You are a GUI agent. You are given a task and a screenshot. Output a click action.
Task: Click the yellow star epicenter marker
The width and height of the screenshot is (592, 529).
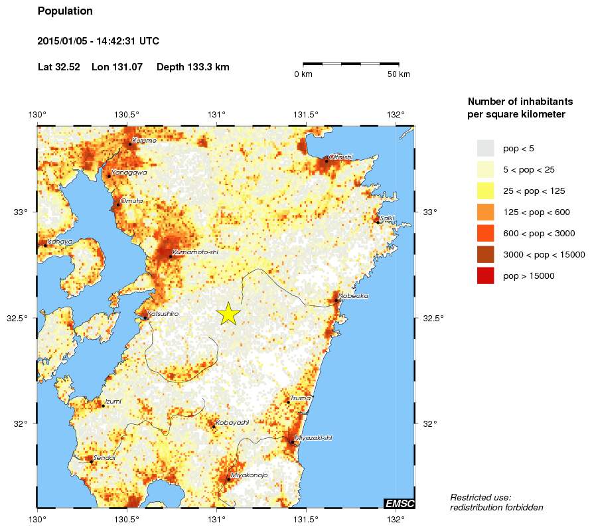tap(228, 313)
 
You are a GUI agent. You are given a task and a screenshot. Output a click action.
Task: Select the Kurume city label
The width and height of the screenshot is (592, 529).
tap(144, 141)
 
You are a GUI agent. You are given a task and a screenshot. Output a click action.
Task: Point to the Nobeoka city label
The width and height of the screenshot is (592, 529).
tap(353, 296)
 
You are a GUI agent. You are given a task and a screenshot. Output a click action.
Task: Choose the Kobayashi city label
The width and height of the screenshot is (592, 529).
tap(232, 422)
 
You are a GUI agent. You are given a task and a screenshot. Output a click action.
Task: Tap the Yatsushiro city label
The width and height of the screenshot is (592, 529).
tap(163, 313)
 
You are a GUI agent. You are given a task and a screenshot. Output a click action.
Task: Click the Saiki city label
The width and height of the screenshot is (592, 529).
tap(387, 218)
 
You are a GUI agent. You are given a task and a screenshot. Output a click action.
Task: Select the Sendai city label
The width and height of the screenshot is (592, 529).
tap(105, 457)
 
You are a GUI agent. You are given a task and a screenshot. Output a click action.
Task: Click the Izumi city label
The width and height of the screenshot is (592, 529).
tap(113, 402)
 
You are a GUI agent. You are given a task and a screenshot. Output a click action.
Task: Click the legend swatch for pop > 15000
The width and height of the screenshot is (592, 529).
tap(486, 275)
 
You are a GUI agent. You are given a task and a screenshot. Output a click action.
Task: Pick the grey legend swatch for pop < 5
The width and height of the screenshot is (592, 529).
tap(486, 148)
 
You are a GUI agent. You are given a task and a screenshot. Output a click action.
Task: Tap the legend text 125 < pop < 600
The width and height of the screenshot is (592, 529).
tap(536, 212)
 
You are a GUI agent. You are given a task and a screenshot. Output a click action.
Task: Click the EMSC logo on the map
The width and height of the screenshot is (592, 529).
tap(400, 504)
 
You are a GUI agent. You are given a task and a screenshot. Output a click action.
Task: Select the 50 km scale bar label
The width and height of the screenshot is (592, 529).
tap(399, 74)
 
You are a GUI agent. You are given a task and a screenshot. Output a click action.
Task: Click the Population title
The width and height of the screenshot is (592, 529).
tap(65, 11)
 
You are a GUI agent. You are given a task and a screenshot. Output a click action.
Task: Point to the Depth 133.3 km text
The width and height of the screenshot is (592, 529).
tap(192, 67)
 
